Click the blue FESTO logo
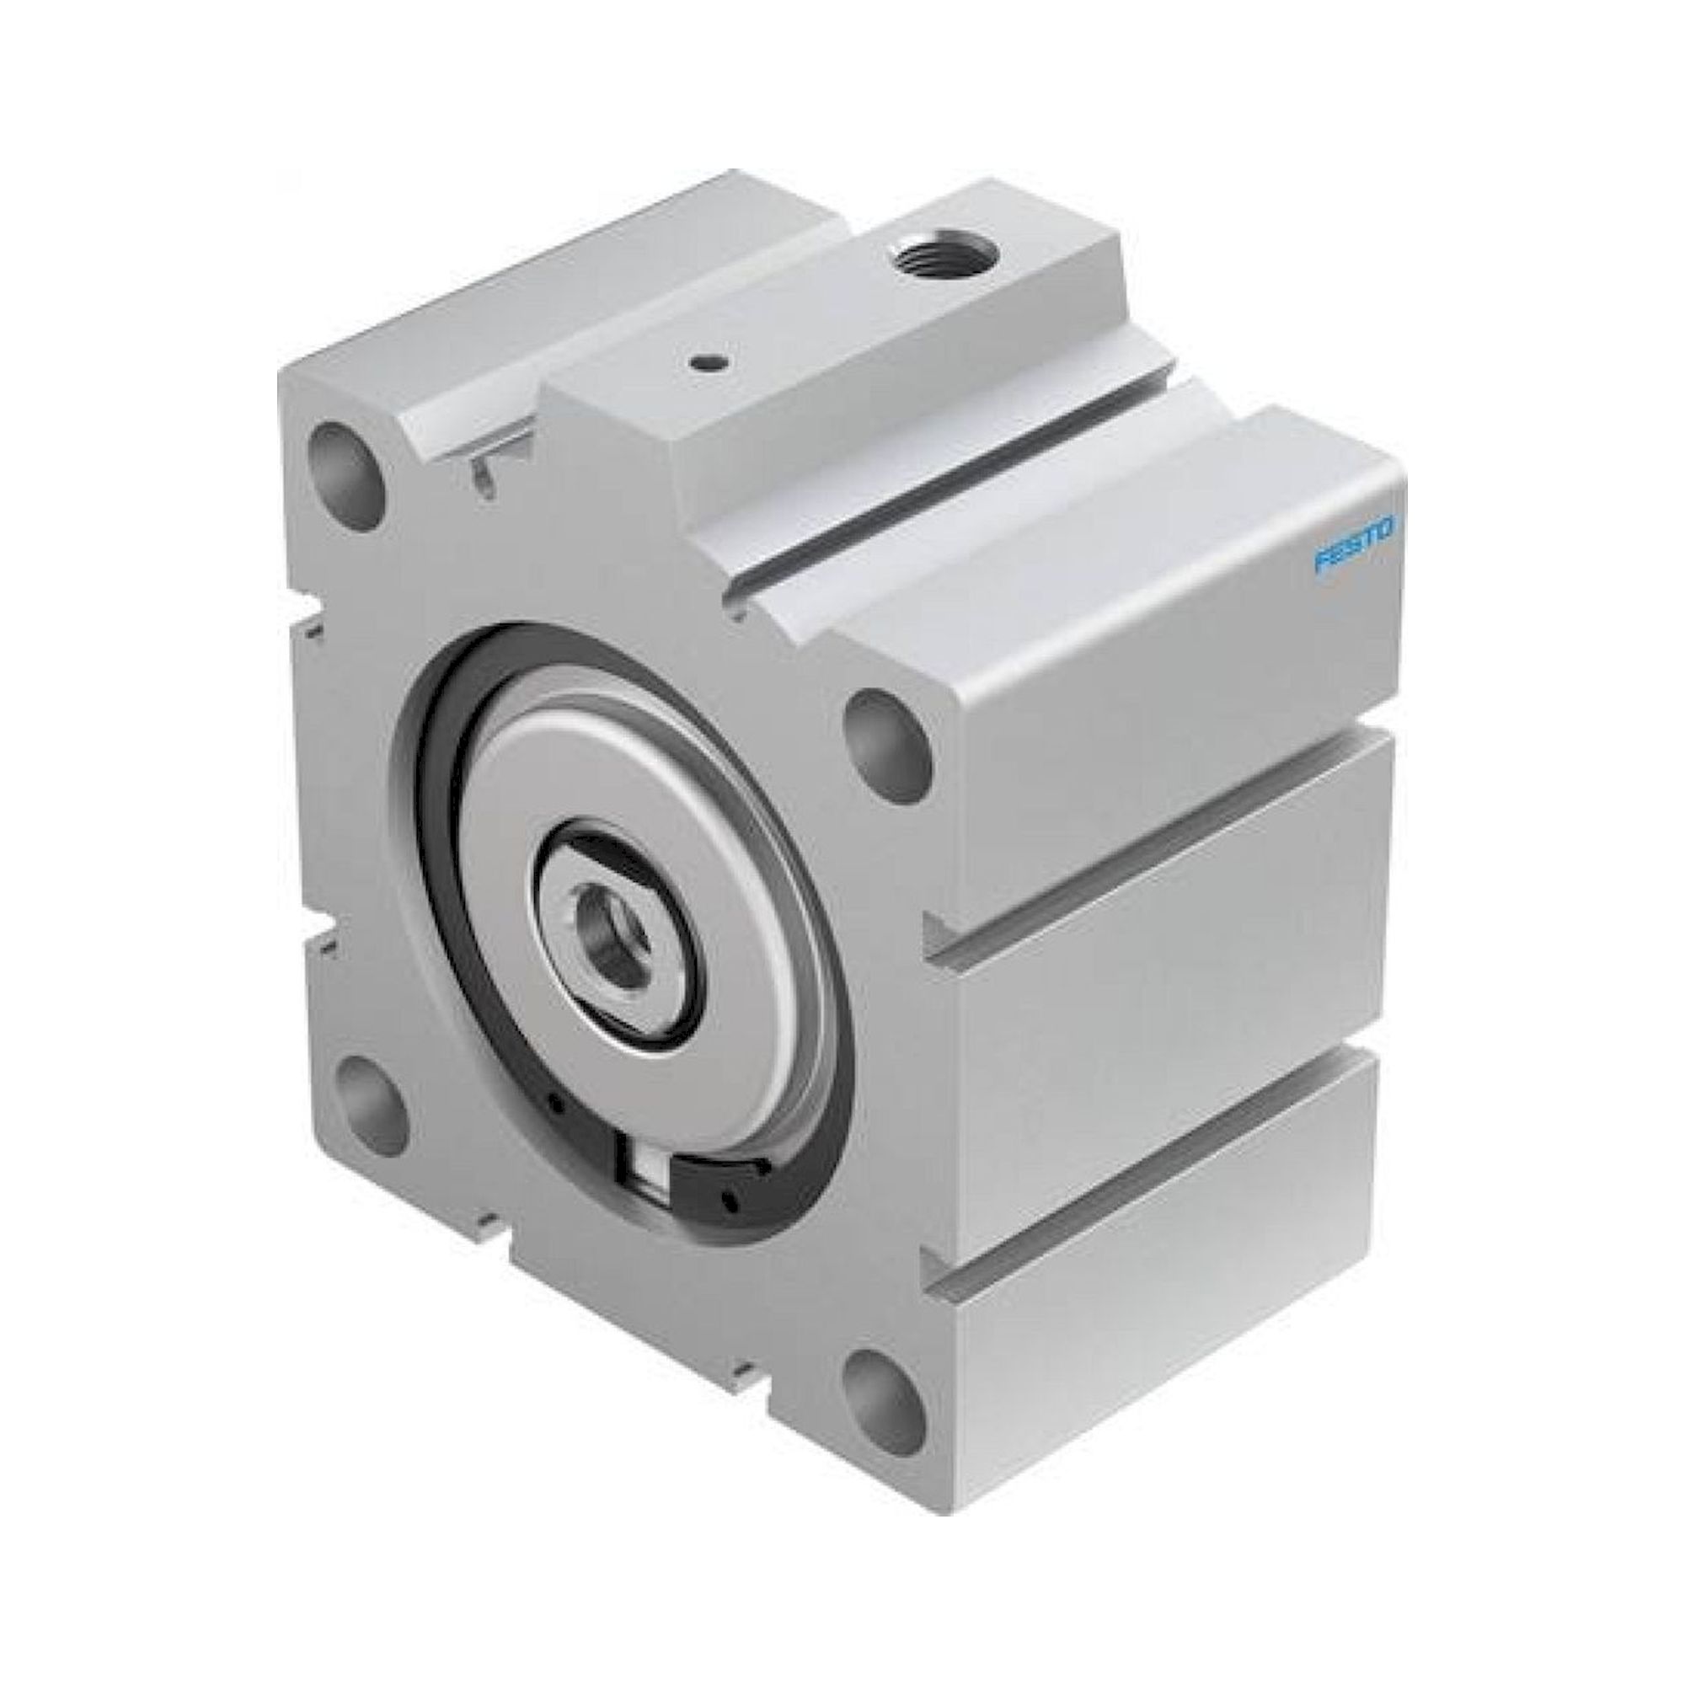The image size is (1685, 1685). [x=1355, y=546]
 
